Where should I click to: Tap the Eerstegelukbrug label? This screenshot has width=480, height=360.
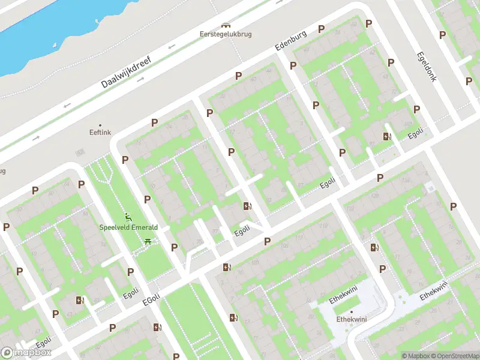coord(226,34)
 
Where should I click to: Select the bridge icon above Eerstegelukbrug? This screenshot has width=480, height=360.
coord(226,25)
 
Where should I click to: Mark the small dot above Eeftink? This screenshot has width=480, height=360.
coord(100,125)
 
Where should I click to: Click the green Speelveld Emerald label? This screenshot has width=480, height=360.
coord(128,227)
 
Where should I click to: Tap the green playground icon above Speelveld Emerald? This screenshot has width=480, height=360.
coord(128,217)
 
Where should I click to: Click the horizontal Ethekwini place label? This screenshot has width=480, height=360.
coord(351,320)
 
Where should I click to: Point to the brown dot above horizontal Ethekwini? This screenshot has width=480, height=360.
coord(351,312)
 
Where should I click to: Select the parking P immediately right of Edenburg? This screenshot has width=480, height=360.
coord(321,29)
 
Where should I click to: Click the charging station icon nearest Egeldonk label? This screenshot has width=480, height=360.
coord(387,136)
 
